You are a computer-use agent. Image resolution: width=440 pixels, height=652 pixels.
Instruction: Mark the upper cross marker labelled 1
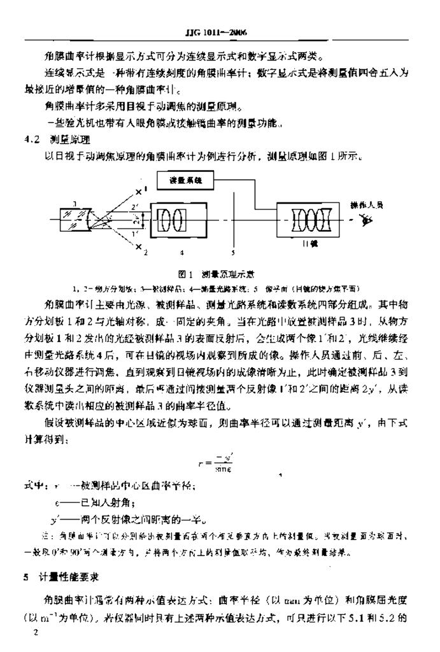139,189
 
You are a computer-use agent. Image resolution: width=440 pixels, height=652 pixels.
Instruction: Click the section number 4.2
30,139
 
